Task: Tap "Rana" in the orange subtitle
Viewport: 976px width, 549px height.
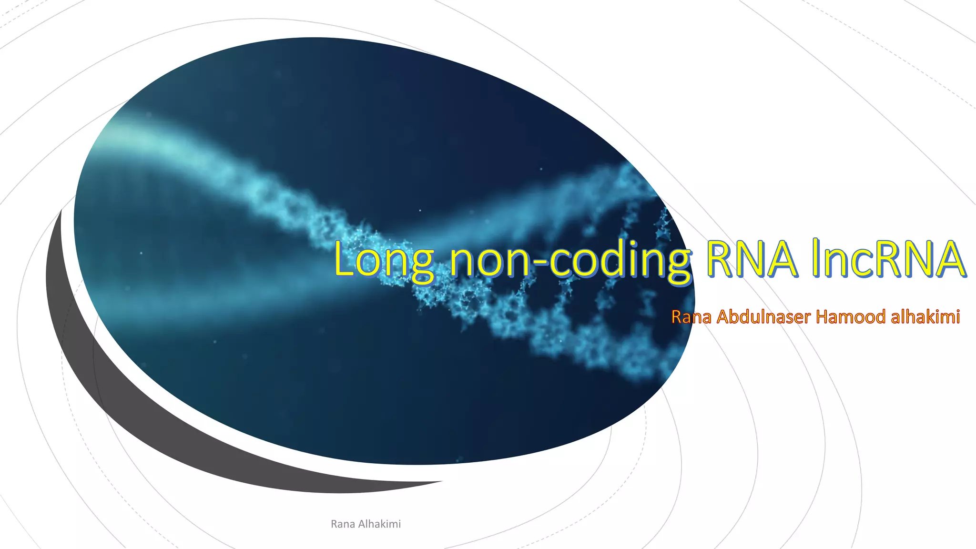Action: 691,316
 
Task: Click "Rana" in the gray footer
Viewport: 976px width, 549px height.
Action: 343,524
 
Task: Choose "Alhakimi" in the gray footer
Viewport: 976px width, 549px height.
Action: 379,524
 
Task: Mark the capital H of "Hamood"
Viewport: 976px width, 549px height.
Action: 822,316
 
